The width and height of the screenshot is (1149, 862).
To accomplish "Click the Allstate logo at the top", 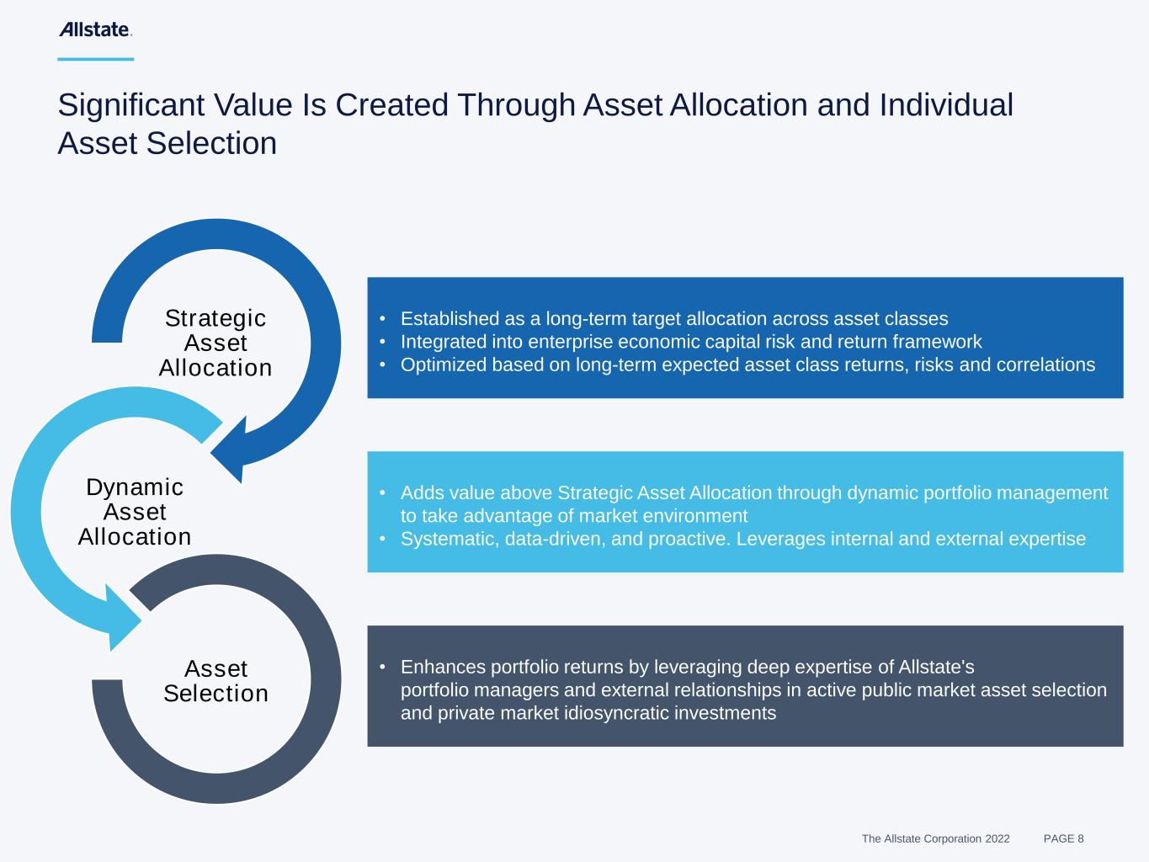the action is coord(95,29).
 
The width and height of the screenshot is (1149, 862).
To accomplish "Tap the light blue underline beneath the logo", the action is coord(96,59).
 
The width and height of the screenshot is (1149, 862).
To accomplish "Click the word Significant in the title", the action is coord(130,105).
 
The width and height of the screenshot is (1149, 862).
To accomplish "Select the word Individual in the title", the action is coord(946,104).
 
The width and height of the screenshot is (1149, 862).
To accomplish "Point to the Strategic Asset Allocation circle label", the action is coord(215,343).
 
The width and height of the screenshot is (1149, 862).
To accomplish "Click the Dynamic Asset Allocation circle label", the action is coord(135,512).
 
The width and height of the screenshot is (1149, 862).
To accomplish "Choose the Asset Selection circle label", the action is coord(216,681).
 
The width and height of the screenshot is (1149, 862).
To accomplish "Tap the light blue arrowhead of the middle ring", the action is coord(122,619).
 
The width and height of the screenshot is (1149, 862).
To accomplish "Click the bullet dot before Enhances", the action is coord(383,667).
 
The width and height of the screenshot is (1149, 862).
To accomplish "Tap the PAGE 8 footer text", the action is coord(1064,838).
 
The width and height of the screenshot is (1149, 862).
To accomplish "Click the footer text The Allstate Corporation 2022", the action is coord(935,838).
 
